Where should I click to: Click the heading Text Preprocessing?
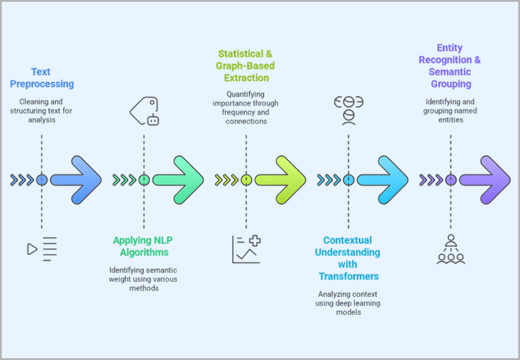tap(42, 78)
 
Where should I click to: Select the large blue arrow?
tap(76, 180)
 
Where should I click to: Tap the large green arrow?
tap(178, 180)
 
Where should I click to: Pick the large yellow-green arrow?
tap(280, 180)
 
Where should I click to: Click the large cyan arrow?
tap(382, 180)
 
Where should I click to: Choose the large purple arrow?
tap(485, 180)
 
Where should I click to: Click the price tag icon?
tap(145, 111)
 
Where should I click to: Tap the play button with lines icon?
tap(42, 249)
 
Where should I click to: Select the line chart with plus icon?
tap(246, 249)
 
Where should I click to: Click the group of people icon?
tap(450, 249)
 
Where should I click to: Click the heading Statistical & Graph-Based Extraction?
tap(246, 66)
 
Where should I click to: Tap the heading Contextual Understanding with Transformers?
tap(348, 258)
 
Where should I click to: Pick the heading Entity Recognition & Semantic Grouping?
tap(450, 66)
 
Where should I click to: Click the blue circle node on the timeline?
tap(42, 180)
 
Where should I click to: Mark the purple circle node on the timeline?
tap(450, 180)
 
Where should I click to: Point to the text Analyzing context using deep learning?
tap(348, 303)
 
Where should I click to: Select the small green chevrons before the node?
tap(124, 180)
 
